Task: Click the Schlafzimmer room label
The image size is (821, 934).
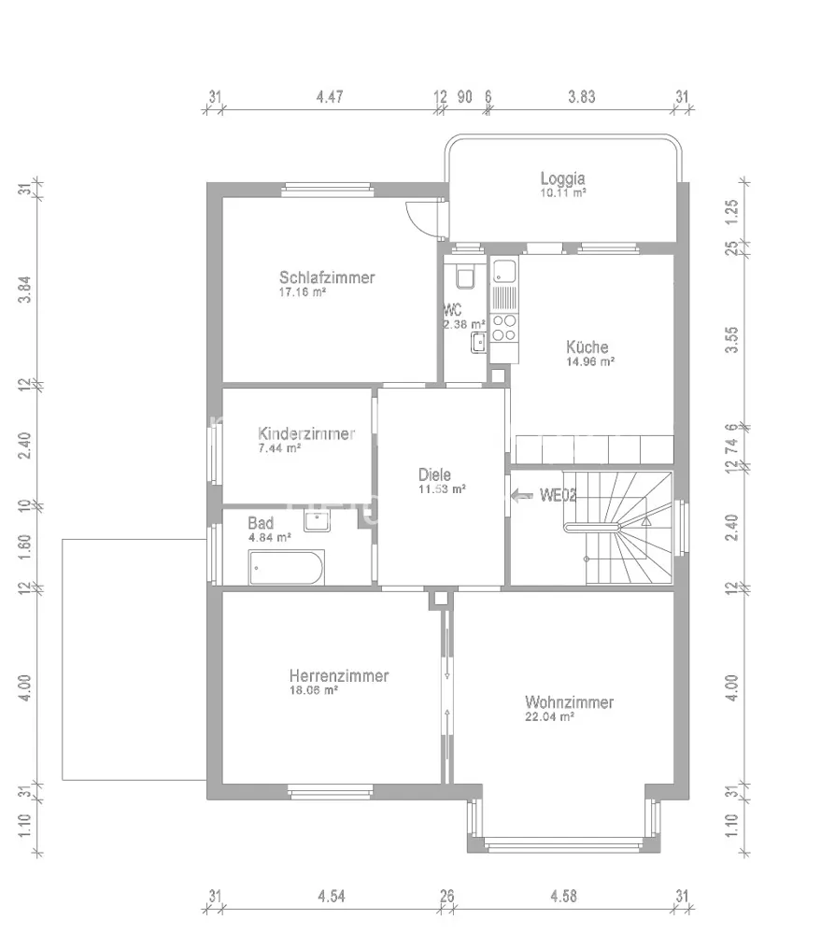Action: [327, 277]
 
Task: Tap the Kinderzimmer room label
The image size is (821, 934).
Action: [306, 433]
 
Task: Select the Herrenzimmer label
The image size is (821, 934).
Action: [339, 676]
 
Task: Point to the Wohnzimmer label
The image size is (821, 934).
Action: [570, 702]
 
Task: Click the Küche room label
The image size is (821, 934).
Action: [587, 347]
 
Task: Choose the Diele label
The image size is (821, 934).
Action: [434, 474]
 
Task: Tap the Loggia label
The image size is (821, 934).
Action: [563, 178]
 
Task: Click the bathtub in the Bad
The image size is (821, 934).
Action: [287, 568]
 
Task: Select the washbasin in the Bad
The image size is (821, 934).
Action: [317, 520]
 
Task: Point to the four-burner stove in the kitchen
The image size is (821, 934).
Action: [504, 328]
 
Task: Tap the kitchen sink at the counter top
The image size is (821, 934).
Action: [504, 272]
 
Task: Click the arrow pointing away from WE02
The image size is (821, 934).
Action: [522, 496]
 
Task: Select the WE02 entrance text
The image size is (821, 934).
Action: [559, 496]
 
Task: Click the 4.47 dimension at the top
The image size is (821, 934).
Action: [330, 96]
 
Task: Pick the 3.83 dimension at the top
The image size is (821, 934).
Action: [582, 96]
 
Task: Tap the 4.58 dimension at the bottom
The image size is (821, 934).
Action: [563, 896]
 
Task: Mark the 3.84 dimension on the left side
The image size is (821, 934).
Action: [24, 290]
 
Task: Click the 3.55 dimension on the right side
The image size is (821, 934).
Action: [731, 340]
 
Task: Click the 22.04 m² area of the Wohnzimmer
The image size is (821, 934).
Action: [549, 716]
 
